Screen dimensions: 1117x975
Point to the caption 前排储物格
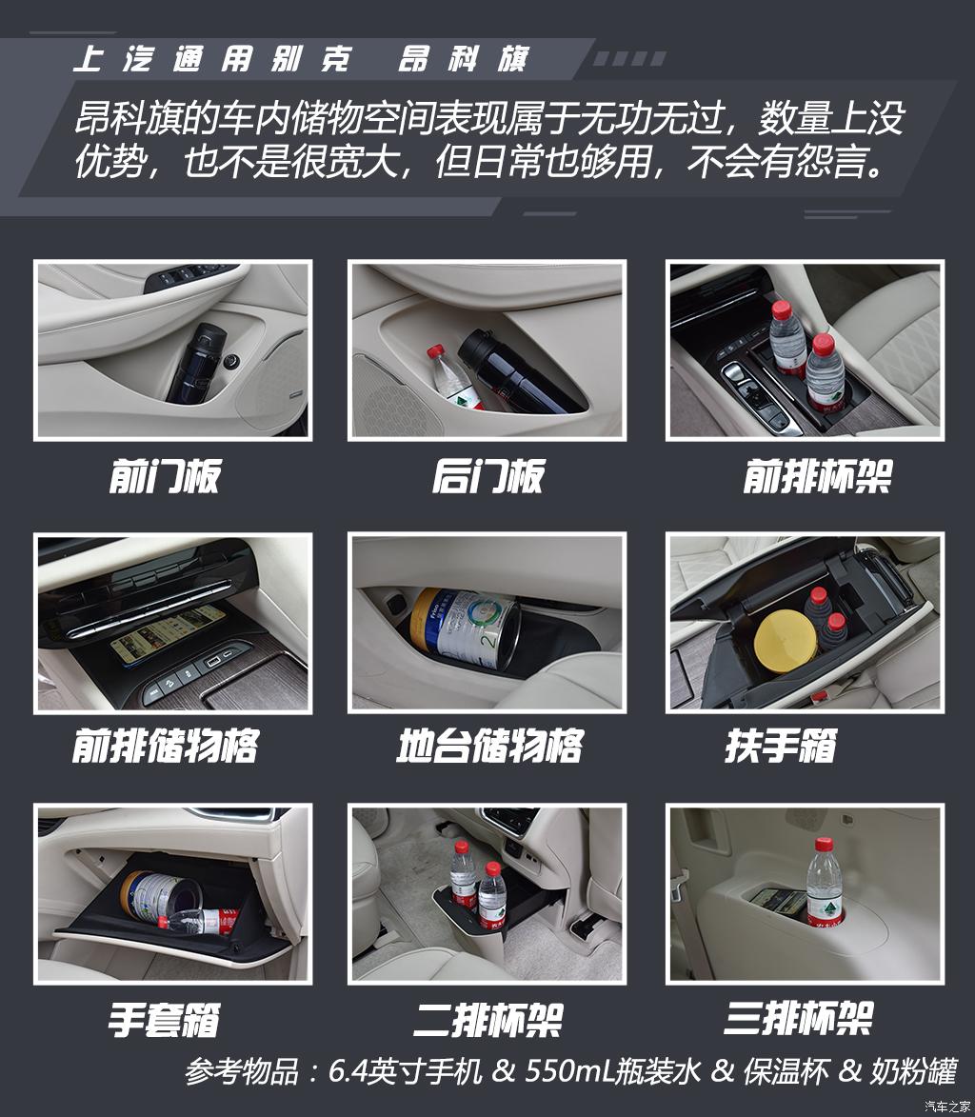coord(164,746)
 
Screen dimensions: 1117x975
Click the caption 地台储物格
coord(488,746)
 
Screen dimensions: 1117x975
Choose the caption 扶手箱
coord(780,746)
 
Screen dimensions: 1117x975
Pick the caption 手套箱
coord(164,1020)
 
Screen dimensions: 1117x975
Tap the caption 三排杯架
coord(798,1019)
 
